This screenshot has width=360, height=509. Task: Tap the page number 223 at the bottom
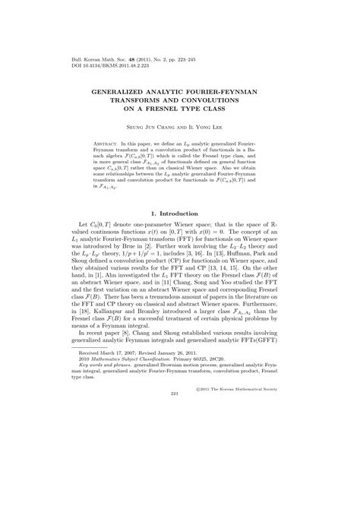click(179, 478)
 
